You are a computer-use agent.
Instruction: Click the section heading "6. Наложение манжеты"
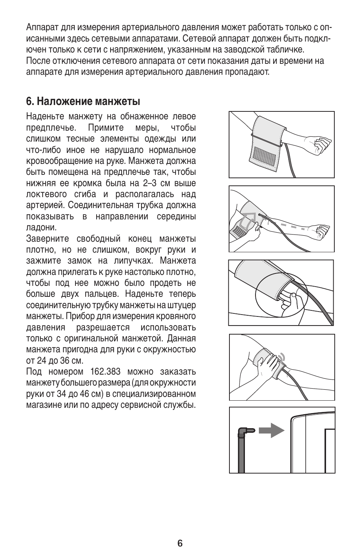click(83, 101)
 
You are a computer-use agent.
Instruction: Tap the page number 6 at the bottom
click(180, 543)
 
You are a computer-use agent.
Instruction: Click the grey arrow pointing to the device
click(271, 430)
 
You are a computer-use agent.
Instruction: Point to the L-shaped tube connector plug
click(245, 430)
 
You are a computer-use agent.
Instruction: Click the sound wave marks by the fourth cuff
click(281, 357)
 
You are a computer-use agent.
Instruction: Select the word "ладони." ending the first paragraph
click(42, 228)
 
